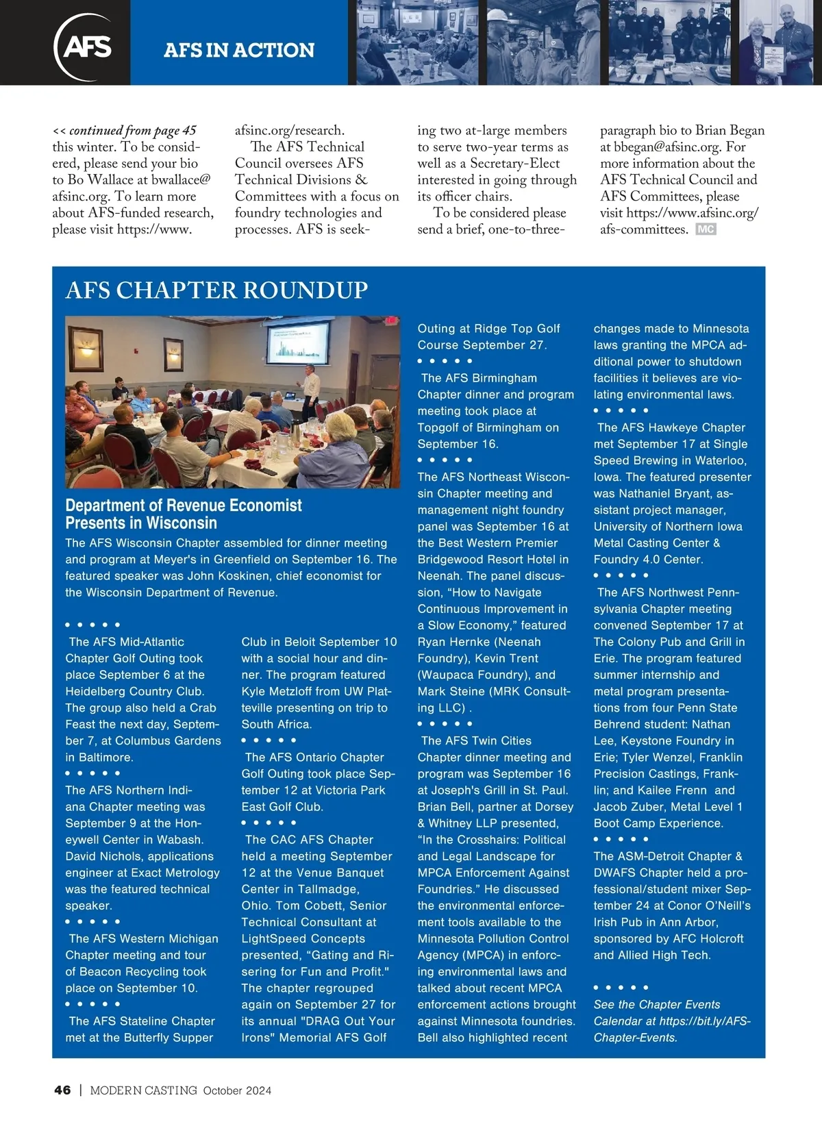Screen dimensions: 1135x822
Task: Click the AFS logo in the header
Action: point(84,47)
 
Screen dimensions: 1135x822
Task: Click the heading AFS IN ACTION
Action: point(239,50)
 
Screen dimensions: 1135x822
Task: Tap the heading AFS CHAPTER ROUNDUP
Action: point(216,290)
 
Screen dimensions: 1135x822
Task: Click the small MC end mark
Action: point(706,229)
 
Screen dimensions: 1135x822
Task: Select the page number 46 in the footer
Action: point(62,1090)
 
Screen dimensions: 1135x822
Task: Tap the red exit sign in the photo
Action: point(391,321)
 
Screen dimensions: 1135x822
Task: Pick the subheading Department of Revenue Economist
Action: point(183,506)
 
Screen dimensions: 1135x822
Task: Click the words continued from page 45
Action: point(132,130)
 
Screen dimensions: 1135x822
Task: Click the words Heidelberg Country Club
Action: point(134,691)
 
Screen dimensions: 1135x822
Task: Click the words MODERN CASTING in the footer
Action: point(143,1090)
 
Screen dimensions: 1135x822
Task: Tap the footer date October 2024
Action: point(237,1090)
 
